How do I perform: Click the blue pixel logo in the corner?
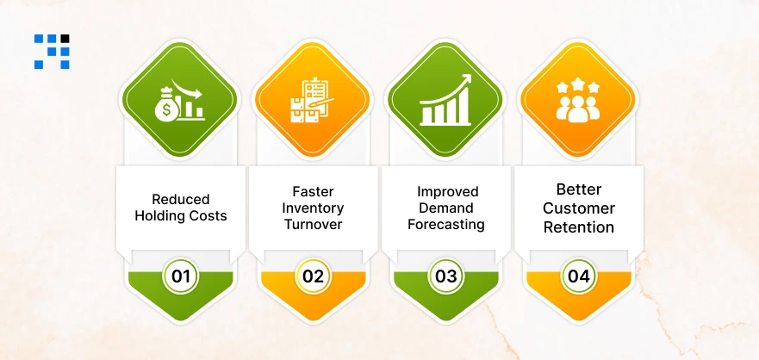pos(52,51)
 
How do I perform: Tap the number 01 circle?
pos(181,276)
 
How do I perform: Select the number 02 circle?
pos(313,276)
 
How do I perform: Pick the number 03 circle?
pos(445,276)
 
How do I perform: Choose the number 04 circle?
pos(578,276)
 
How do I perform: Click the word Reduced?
pos(181,199)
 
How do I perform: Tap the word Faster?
pos(313,191)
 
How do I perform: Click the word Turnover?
pos(313,224)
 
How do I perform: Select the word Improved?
pos(445,191)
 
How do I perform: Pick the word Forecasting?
pos(445,224)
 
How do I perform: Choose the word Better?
pos(578,189)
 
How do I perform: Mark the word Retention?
pos(578,227)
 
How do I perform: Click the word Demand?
pos(445,208)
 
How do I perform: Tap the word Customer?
pos(578,208)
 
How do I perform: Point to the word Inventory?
pos(313,208)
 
